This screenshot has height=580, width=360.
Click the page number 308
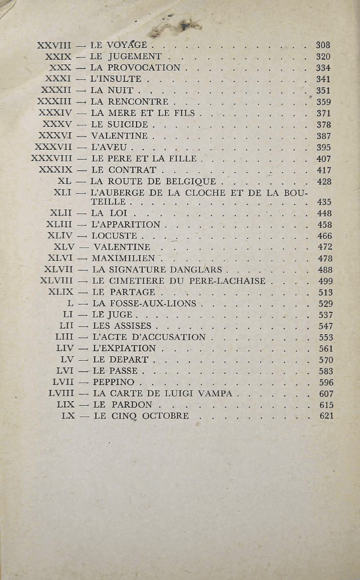click(x=323, y=46)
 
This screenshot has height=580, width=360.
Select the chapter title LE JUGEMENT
click(x=126, y=57)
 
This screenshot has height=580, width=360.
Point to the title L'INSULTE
click(x=116, y=80)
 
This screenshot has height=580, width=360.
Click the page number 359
click(x=323, y=102)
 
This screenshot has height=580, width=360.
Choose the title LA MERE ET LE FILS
click(x=143, y=113)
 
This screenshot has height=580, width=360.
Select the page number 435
click(x=324, y=202)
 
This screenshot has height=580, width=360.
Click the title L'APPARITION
click(x=126, y=225)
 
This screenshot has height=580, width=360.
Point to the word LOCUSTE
click(x=114, y=236)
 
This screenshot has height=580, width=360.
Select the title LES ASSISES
click(x=122, y=326)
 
